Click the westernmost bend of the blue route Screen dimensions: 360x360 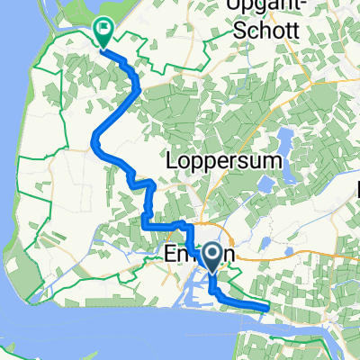tap(94, 138)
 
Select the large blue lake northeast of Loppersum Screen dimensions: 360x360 tap(286, 139)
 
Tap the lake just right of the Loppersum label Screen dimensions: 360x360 tap(267, 183)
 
